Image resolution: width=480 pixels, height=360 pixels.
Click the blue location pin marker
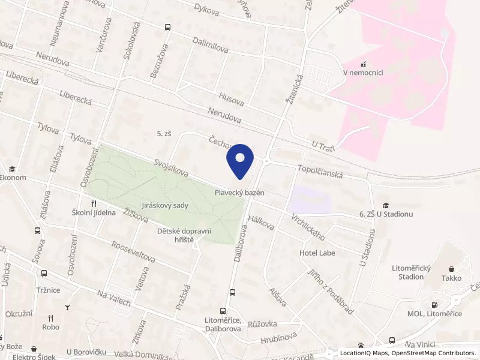(240, 161)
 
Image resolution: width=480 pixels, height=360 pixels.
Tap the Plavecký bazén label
(240, 193)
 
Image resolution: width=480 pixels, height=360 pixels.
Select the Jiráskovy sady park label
(165, 205)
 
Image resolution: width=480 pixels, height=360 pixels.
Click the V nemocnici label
(363, 73)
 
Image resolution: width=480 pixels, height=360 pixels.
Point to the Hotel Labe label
(317, 253)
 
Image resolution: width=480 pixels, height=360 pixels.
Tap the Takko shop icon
(452, 269)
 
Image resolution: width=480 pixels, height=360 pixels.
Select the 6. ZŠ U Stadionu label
(386, 214)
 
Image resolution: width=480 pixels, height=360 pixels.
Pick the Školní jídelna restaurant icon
(94, 203)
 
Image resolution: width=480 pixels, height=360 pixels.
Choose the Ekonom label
(12, 178)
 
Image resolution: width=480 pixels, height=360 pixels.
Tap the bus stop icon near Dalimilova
(167, 27)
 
